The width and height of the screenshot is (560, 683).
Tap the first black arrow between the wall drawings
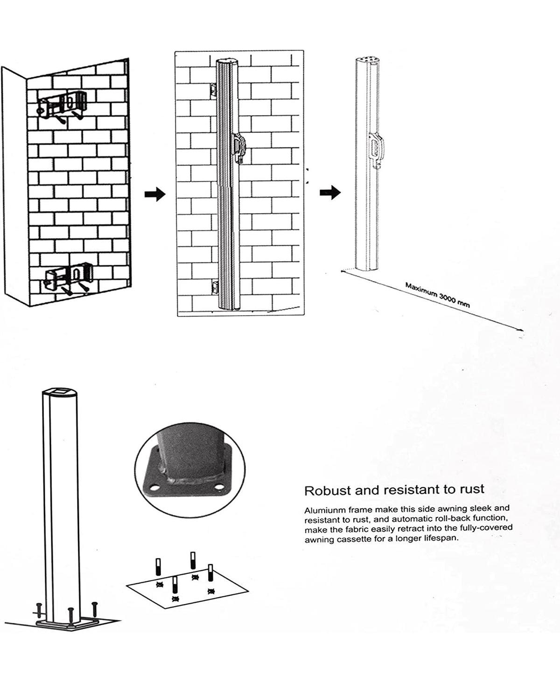tap(155, 194)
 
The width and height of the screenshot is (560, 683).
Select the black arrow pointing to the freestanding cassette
tap(330, 193)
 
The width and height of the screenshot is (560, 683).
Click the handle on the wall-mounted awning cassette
tap(239, 147)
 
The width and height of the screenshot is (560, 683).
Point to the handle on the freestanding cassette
tap(376, 149)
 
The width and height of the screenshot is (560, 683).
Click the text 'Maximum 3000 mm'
tap(437, 295)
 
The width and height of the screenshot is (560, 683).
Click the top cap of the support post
tap(60, 393)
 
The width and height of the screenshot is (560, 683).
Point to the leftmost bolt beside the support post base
tap(40, 611)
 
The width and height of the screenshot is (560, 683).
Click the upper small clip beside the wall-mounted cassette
tap(213, 90)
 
